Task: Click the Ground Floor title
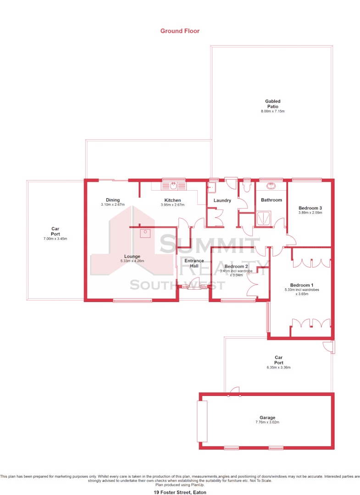(x=180, y=31)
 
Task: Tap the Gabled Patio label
(x=272, y=104)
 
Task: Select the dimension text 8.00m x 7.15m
(x=272, y=111)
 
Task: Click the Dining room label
(x=113, y=200)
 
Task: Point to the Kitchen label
(x=172, y=200)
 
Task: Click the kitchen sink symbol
(x=174, y=186)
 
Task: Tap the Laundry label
(x=222, y=201)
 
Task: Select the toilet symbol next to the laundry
(x=247, y=186)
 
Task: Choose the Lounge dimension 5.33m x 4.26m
(x=132, y=261)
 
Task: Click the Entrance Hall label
(x=194, y=263)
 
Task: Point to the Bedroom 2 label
(x=236, y=266)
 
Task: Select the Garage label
(x=267, y=418)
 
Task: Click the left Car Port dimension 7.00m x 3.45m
(x=55, y=239)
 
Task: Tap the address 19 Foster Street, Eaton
(x=180, y=492)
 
